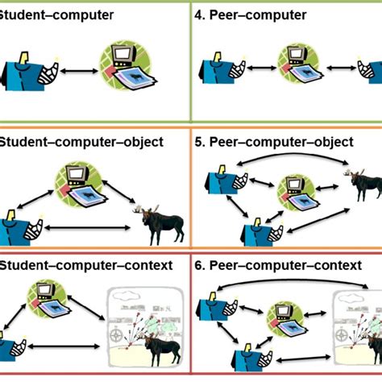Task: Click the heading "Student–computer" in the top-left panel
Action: coord(56,14)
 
